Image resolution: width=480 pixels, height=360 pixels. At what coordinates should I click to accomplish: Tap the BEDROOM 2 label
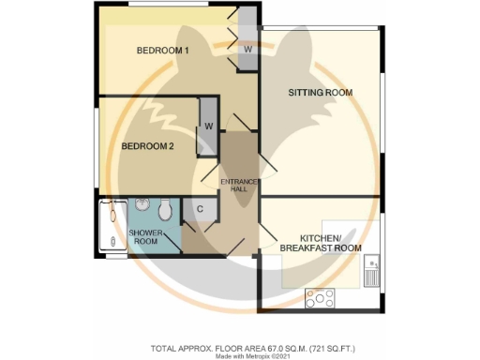tap(148, 146)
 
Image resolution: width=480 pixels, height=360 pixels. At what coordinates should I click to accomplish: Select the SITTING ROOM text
tap(320, 92)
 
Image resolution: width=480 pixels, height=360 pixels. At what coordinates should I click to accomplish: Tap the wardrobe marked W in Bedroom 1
tap(247, 49)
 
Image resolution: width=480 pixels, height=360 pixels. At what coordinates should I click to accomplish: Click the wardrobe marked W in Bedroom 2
tap(208, 127)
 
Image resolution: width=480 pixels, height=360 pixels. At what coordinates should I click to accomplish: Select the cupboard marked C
tap(200, 211)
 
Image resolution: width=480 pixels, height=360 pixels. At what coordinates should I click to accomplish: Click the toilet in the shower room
tap(165, 207)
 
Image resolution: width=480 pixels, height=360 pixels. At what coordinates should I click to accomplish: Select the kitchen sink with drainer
tap(372, 269)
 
